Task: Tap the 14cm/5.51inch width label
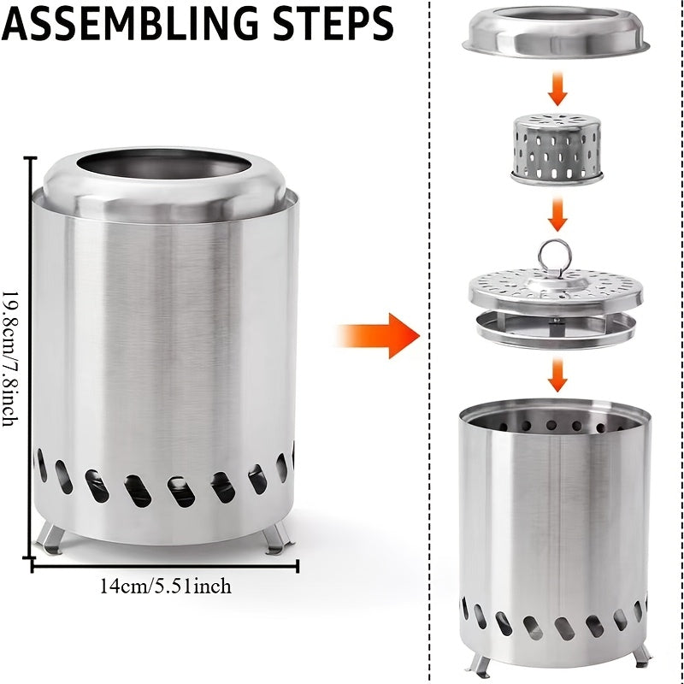[165, 587]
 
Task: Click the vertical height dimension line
[32, 359]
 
